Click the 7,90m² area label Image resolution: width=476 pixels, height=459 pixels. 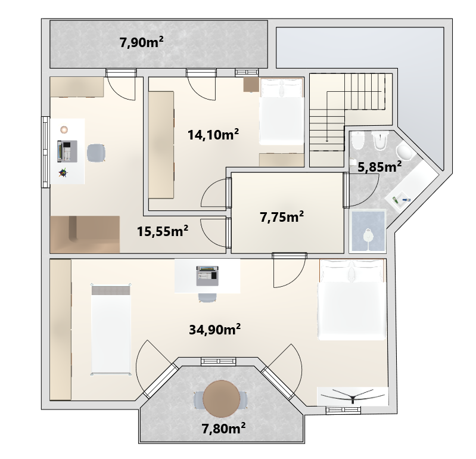click(141, 42)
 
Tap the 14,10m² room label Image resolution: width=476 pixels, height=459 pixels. click(213, 134)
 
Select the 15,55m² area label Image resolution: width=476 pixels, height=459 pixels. click(163, 231)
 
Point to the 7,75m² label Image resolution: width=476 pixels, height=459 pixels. click(282, 216)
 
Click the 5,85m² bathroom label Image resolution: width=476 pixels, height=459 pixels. click(379, 166)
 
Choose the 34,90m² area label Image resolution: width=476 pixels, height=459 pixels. click(215, 329)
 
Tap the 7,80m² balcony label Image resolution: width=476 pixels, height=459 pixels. click(224, 429)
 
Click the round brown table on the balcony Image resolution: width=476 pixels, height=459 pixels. click(220, 399)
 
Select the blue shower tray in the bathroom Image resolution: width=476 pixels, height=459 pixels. click(368, 231)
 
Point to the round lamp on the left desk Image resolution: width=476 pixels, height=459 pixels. click(64, 129)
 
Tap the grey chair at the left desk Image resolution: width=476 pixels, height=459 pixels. click(97, 153)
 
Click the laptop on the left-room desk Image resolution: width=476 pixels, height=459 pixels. click(67, 151)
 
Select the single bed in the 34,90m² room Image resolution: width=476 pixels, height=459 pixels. click(111, 329)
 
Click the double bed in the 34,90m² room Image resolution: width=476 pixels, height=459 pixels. click(353, 299)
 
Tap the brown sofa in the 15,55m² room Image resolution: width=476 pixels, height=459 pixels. click(85, 234)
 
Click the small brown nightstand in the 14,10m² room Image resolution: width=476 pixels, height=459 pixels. click(251, 84)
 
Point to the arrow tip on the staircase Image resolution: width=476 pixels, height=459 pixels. click(327, 141)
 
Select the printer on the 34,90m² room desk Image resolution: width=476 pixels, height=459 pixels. click(207, 276)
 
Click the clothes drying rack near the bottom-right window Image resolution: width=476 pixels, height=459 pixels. click(353, 396)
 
